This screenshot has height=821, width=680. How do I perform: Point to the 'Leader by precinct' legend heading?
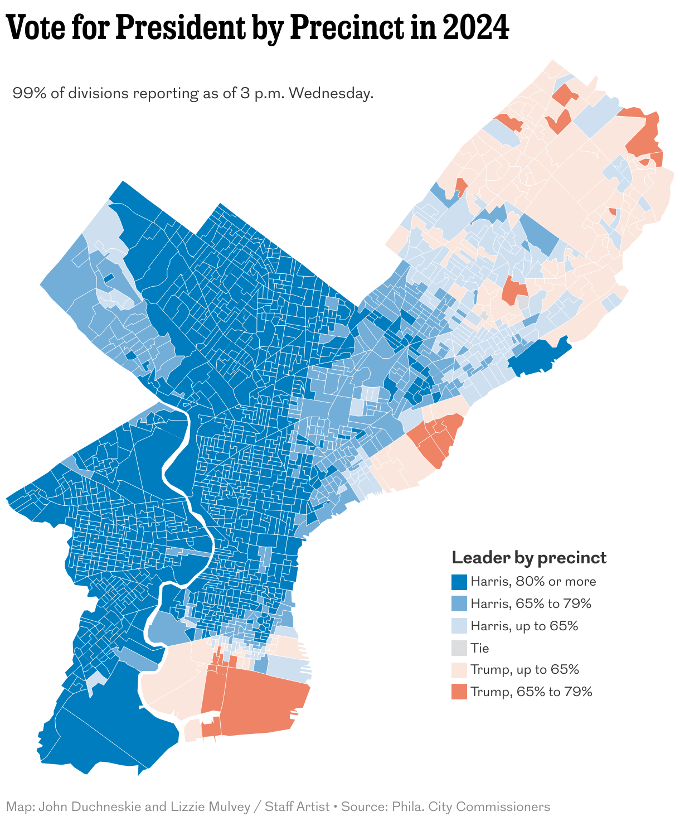point(528,558)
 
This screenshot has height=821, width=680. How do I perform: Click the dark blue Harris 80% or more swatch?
point(459,582)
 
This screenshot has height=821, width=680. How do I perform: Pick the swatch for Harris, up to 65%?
point(459,626)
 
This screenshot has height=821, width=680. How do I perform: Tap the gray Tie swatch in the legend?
point(459,648)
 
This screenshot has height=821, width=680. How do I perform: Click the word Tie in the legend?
point(479,648)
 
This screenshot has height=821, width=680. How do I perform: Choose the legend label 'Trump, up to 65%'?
point(524,669)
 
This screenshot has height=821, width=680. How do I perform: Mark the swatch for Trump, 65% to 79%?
point(459,692)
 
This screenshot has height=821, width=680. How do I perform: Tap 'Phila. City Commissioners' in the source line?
point(471,806)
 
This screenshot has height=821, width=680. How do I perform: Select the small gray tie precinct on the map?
point(523,303)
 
